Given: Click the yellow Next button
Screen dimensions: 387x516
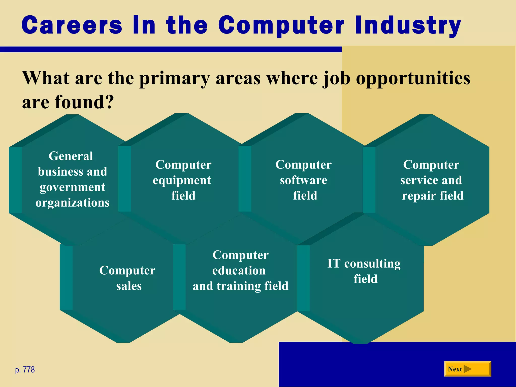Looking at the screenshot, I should tap(467, 369).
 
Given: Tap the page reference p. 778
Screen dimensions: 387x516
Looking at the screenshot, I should tap(25, 370).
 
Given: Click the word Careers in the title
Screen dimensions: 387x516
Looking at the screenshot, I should tap(72, 25).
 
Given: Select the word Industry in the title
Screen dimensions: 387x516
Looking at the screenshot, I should tap(408, 25).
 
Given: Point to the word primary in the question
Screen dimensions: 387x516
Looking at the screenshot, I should tap(174, 78).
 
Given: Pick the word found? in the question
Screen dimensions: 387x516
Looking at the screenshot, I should tap(84, 102).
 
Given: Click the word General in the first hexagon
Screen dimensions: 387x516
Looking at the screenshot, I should tap(71, 156).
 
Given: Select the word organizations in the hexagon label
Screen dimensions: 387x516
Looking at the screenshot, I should tap(72, 203).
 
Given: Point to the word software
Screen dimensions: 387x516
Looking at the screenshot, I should tap(303, 180).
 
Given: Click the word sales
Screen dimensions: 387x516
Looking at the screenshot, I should tap(129, 286).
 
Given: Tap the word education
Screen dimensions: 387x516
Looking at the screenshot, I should tap(239, 271).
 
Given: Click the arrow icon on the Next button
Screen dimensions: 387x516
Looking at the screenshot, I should tap(467, 369).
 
